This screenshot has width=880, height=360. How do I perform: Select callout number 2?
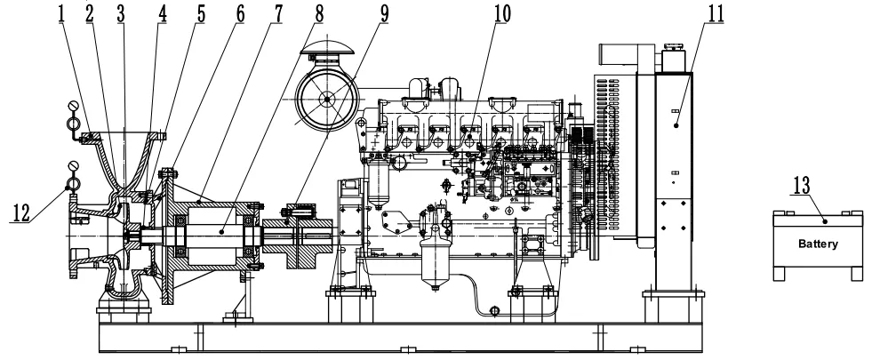92,12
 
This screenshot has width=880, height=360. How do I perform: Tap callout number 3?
121,12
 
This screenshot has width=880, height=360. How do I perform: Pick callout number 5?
202,12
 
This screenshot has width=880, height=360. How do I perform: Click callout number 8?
318,12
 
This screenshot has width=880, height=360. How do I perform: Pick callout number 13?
802,185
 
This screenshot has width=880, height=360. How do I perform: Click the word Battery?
817,242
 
